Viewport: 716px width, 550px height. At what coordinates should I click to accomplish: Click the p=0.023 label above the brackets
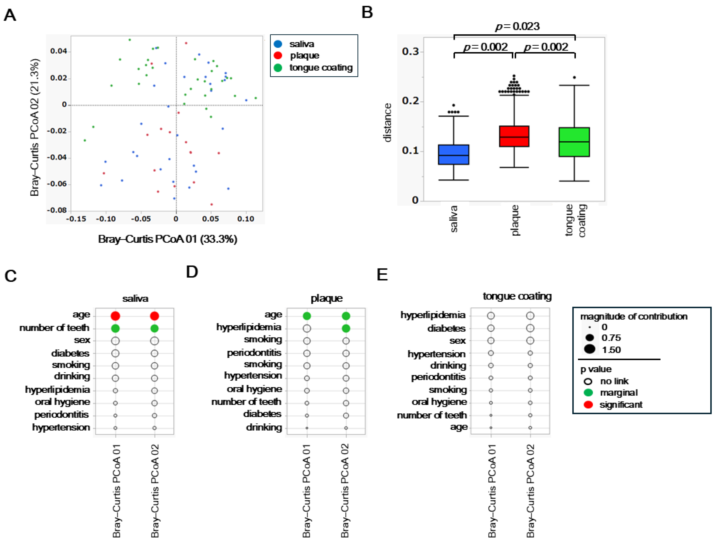[517, 26]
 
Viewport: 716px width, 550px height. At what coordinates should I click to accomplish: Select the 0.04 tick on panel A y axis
[58, 51]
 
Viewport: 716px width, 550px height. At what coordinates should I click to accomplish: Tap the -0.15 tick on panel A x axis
[76, 219]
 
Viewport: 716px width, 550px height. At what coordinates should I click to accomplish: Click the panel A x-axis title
[167, 239]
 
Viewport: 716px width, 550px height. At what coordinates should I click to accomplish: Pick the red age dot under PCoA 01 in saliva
[115, 316]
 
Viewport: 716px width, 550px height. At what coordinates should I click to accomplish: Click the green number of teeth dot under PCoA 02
[154, 328]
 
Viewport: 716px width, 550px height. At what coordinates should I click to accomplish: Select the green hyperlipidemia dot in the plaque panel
[346, 328]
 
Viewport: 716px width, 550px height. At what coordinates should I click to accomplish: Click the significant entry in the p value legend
[620, 405]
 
